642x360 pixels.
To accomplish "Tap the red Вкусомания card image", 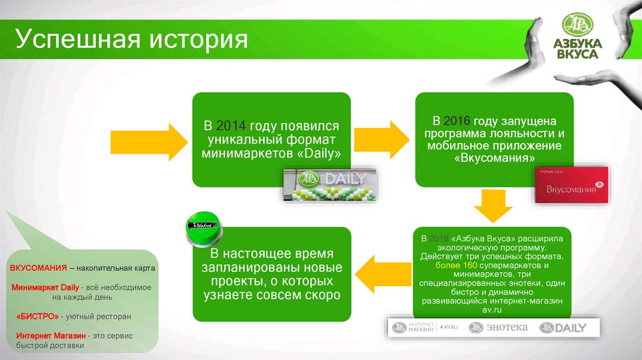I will click(x=571, y=185).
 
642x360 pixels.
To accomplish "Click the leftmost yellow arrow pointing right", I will click(x=148, y=139).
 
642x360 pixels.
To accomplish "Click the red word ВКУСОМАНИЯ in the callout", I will click(x=38, y=268).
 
